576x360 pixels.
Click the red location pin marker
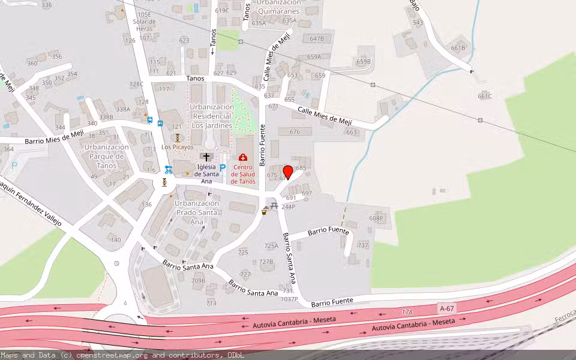point(287,172)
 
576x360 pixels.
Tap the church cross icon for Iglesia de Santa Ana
point(206,156)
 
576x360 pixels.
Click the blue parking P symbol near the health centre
point(223,168)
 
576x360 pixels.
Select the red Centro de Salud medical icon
point(243,157)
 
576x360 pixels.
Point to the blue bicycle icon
point(169,169)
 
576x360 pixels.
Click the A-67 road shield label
point(446,308)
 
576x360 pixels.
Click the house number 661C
point(485,96)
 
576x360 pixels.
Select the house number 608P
point(376,218)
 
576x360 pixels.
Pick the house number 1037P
point(289,299)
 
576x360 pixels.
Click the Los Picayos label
point(178,147)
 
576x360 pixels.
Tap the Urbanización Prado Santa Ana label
point(196,212)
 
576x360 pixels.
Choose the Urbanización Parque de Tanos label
point(107,157)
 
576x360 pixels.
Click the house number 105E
point(144,14)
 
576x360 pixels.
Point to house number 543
point(418,23)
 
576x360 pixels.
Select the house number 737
point(362,245)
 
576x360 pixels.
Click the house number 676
point(295,132)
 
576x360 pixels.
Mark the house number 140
point(115,239)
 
